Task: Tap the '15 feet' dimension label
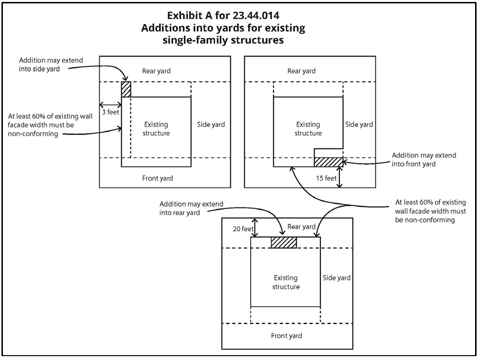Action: click(326, 178)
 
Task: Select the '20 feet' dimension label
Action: click(241, 227)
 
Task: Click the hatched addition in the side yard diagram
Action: click(126, 90)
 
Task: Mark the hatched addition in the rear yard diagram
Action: click(284, 242)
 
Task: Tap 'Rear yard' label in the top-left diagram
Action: click(157, 71)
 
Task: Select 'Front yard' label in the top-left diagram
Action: click(158, 178)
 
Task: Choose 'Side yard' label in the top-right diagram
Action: click(359, 125)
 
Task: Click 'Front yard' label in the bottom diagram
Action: click(286, 336)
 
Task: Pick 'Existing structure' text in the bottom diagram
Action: click(286, 282)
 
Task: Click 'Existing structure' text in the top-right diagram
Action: click(308, 129)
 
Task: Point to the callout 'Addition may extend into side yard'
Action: click(51, 65)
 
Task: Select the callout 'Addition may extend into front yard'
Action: click(424, 160)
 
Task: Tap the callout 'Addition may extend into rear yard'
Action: click(191, 209)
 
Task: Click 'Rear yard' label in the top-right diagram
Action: click(302, 71)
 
